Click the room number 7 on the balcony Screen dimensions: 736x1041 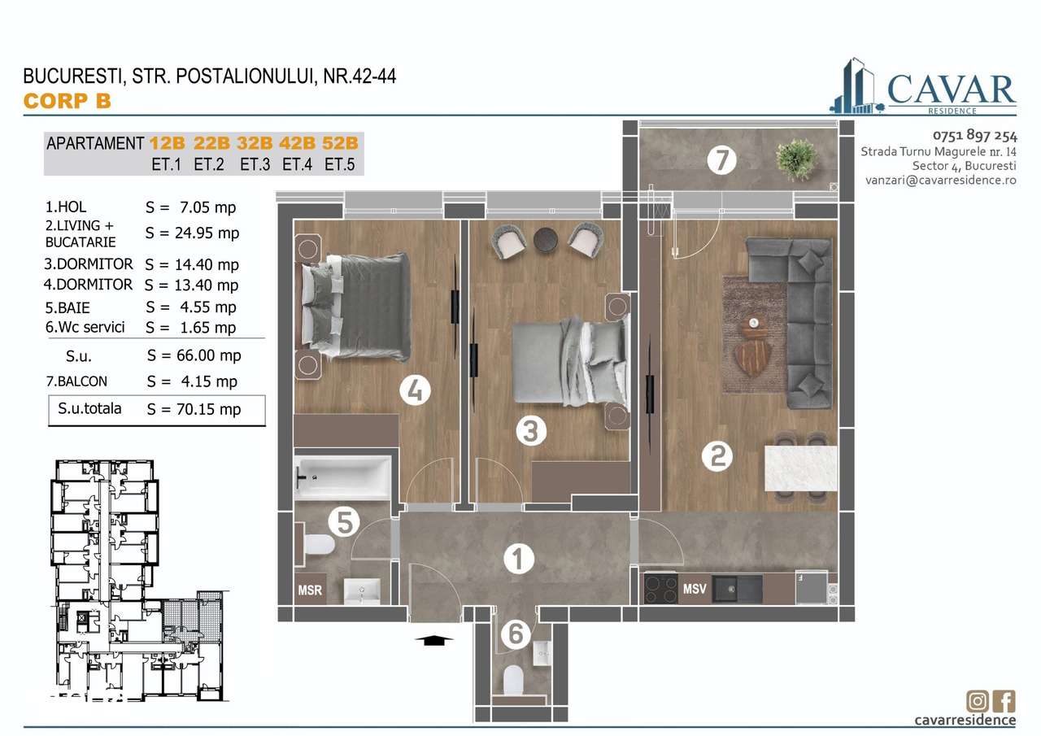tap(721, 160)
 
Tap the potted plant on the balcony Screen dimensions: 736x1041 tap(795, 159)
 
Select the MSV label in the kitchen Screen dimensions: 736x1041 tap(694, 588)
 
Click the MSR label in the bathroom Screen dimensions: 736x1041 tap(309, 589)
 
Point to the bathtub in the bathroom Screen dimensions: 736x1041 tap(342, 477)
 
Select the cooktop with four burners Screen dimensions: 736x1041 tap(661, 588)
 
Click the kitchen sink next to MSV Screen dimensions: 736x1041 tap(737, 588)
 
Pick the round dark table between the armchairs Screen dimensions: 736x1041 tap(545, 237)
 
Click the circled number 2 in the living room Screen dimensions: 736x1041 tap(717, 455)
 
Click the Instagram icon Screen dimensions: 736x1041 tap(978, 700)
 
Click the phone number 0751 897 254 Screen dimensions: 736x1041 tap(973, 136)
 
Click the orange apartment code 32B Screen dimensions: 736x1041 tap(255, 143)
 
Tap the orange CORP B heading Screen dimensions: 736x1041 tap(67, 101)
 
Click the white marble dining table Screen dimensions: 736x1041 tap(800, 468)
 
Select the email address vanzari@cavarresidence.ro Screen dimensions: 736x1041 tap(940, 181)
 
